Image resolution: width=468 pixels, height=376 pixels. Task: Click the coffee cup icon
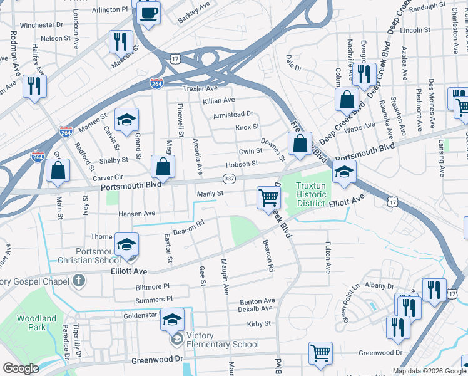tap(148, 13)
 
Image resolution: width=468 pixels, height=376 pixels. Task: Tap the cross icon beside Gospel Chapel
tap(78, 279)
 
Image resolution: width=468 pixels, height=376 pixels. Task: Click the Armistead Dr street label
tap(233, 114)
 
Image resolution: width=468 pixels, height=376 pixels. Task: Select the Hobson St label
tap(242, 164)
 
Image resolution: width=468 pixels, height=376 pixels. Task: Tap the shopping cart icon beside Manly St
tap(268, 197)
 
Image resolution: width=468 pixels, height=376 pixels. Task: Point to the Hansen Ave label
tap(137, 214)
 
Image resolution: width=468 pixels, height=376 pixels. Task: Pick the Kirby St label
tap(258, 324)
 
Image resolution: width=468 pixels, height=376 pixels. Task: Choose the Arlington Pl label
tap(109, 11)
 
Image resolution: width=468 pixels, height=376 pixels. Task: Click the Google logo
tap(21, 368)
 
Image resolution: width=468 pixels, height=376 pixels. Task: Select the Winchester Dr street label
tap(42, 25)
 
